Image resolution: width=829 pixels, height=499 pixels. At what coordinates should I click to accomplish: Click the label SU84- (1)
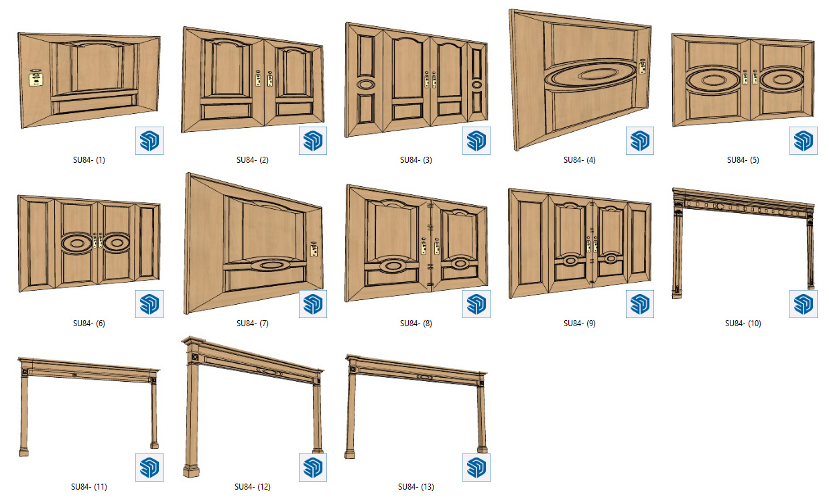click(x=89, y=160)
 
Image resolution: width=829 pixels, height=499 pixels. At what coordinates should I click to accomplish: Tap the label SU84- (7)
click(x=253, y=324)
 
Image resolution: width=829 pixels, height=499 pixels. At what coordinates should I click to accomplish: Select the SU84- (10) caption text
click(x=743, y=324)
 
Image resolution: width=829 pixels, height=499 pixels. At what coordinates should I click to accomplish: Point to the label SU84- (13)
click(x=416, y=487)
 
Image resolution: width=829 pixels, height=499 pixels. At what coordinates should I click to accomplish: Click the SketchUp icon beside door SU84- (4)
click(x=640, y=141)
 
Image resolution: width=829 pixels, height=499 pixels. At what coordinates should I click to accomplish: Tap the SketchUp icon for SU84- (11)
click(x=149, y=468)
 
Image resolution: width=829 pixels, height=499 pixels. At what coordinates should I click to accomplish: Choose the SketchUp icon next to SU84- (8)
click(x=476, y=304)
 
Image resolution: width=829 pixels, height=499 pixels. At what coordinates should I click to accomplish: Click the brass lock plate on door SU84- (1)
click(x=36, y=78)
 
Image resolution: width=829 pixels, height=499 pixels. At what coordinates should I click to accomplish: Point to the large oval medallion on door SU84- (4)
click(x=590, y=76)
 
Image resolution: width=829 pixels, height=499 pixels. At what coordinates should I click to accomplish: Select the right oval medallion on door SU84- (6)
click(x=117, y=243)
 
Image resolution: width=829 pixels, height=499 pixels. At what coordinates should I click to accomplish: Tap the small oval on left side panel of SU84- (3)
click(x=366, y=84)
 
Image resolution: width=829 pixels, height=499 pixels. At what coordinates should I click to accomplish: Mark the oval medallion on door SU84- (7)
click(x=271, y=265)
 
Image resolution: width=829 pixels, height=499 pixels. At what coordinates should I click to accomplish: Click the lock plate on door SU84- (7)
click(x=314, y=249)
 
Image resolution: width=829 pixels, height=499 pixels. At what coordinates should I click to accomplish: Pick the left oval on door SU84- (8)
click(x=393, y=265)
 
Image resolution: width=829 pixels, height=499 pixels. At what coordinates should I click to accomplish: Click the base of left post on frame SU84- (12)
click(x=191, y=472)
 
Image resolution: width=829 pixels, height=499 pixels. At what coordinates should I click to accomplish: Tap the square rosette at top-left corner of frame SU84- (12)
click(x=194, y=357)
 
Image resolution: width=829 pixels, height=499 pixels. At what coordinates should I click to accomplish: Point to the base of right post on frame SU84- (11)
click(x=154, y=445)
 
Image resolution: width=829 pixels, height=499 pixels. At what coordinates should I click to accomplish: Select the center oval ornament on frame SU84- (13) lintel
click(x=424, y=377)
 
